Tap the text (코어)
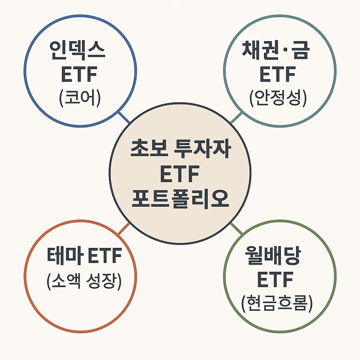[x=80, y=98]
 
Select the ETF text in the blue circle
[x=80, y=75]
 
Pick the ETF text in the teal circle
[x=277, y=75]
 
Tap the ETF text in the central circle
[x=180, y=175]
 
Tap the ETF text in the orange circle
[x=103, y=256]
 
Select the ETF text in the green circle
[x=275, y=280]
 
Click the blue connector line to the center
[x=124, y=117]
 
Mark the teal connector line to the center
[x=236, y=117]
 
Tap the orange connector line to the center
[x=123, y=229]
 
